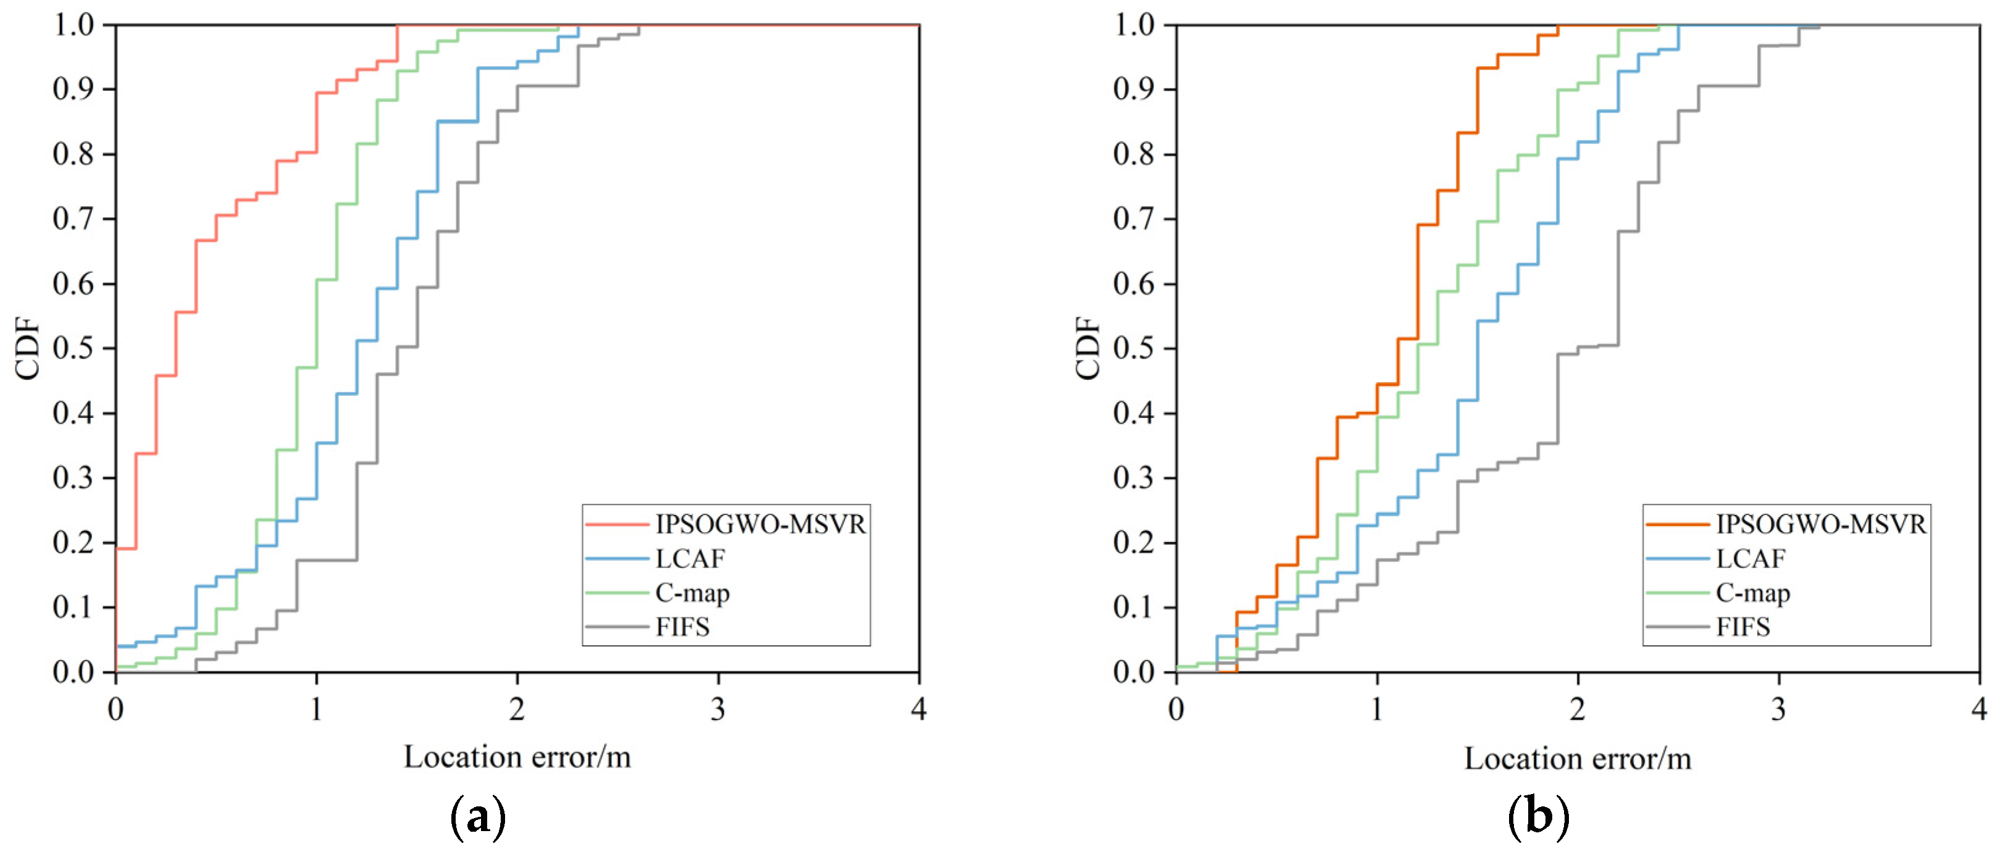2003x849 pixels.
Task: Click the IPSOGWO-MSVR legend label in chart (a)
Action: [x=759, y=525]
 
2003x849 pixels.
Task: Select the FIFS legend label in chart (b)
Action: [x=1742, y=627]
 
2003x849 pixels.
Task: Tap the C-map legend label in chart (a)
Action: [x=692, y=593]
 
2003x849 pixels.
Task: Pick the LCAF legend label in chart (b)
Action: [x=1750, y=559]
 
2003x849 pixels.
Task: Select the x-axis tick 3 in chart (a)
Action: [x=717, y=709]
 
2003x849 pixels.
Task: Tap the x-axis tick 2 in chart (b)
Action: [x=1578, y=709]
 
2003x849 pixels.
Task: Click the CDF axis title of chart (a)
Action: [x=28, y=348]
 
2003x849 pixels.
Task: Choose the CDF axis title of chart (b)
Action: [x=1089, y=348]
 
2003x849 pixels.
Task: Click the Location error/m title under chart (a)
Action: [x=517, y=757]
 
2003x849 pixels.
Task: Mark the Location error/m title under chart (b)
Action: [x=1578, y=759]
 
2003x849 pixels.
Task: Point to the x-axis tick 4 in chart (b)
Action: [x=1979, y=709]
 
